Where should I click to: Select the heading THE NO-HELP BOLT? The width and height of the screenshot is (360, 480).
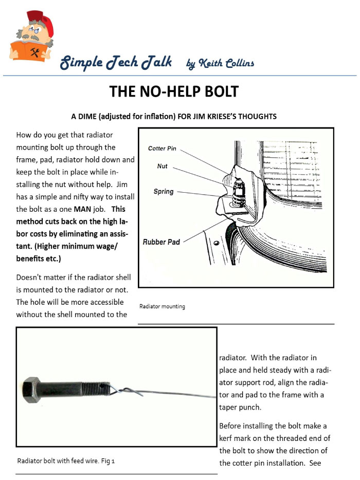(x=174, y=91)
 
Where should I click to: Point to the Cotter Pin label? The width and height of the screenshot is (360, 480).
(x=162, y=149)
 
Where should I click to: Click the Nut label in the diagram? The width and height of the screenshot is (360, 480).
(x=162, y=167)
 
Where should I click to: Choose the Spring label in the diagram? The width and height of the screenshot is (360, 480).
(x=163, y=192)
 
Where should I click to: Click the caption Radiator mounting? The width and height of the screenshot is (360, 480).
(x=162, y=307)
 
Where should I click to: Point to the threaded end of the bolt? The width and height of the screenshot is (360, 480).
(x=96, y=386)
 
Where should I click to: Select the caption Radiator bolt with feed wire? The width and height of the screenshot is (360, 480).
(x=65, y=461)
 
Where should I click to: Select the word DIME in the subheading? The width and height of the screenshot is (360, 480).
(x=95, y=117)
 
